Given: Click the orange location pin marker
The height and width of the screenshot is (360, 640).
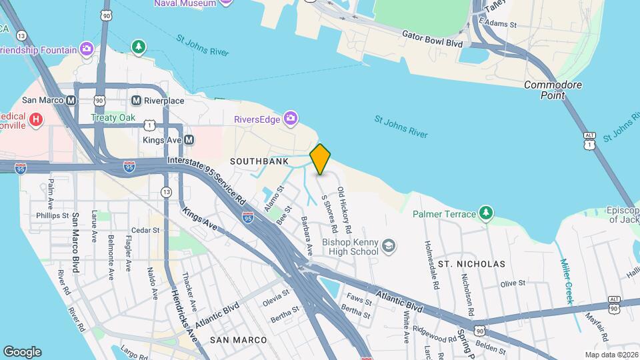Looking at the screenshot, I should tap(320, 159).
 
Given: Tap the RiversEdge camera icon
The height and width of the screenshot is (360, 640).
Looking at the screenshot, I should tap(290, 119).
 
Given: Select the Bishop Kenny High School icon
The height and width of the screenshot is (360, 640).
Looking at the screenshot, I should tap(388, 248).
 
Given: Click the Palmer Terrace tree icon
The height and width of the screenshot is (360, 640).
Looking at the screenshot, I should tap(487, 213).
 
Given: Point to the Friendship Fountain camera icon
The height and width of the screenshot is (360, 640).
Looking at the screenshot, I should tap(86, 49).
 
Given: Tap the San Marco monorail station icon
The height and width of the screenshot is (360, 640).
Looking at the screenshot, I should tap(70, 100).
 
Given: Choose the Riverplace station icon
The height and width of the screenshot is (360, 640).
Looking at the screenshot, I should tap(136, 100).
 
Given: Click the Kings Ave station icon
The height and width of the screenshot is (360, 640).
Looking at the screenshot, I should tap(189, 140).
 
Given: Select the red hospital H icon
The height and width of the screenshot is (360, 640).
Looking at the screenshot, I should tap(36, 120).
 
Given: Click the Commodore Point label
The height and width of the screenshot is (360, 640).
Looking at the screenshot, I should tap(553, 90).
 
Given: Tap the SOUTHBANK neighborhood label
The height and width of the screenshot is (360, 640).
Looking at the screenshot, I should tap(259, 161).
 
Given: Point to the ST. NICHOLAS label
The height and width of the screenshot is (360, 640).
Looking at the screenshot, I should tap(471, 264).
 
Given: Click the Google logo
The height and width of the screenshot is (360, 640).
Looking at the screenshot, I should tap(22, 352).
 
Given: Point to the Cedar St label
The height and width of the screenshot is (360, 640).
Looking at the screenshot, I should tap(145, 230).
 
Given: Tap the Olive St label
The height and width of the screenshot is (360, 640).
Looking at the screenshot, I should tap(513, 283).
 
